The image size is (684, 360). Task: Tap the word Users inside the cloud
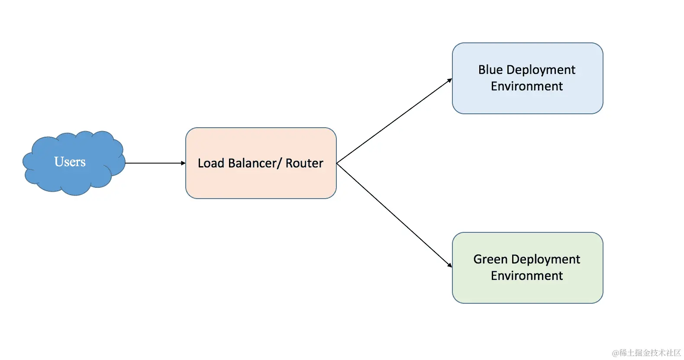point(70,162)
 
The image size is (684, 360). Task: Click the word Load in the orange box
point(211,163)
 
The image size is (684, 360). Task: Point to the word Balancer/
point(255,163)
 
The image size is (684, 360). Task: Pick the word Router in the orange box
point(304,163)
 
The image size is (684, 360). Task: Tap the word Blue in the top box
point(490,70)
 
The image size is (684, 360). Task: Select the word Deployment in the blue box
point(541,70)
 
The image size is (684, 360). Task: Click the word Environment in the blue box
point(526,86)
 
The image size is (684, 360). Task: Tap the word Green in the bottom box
point(490,259)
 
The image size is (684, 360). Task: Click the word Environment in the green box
point(526,276)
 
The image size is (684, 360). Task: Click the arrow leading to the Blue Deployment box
point(394,121)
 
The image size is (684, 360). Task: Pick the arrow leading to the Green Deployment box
point(394,215)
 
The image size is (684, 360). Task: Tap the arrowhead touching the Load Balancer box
point(183,163)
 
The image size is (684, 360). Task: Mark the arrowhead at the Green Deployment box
point(450,265)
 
